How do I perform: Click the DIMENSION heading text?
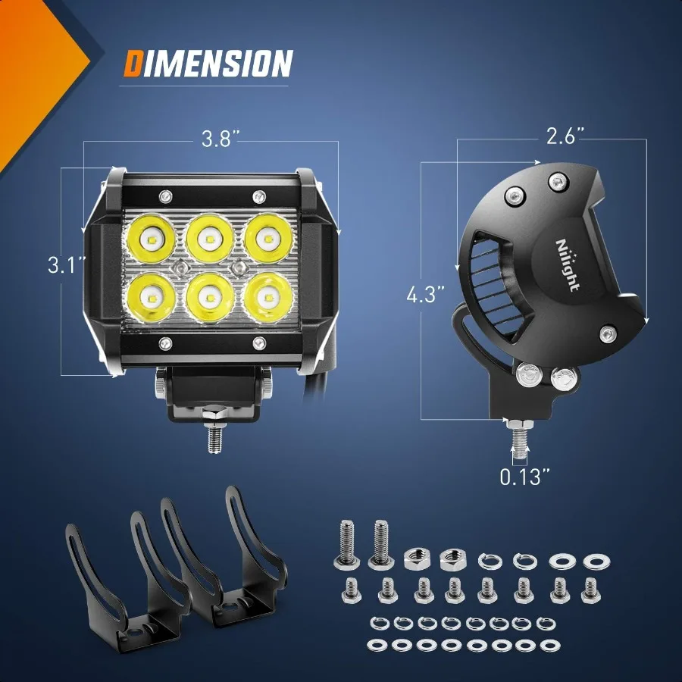click(x=208, y=64)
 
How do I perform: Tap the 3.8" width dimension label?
click(x=221, y=139)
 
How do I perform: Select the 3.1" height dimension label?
click(x=67, y=265)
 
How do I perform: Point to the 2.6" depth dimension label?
click(x=566, y=136)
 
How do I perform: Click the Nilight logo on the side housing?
click(x=568, y=265)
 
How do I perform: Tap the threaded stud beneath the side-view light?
click(x=519, y=440)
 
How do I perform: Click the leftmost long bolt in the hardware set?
click(x=343, y=545)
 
